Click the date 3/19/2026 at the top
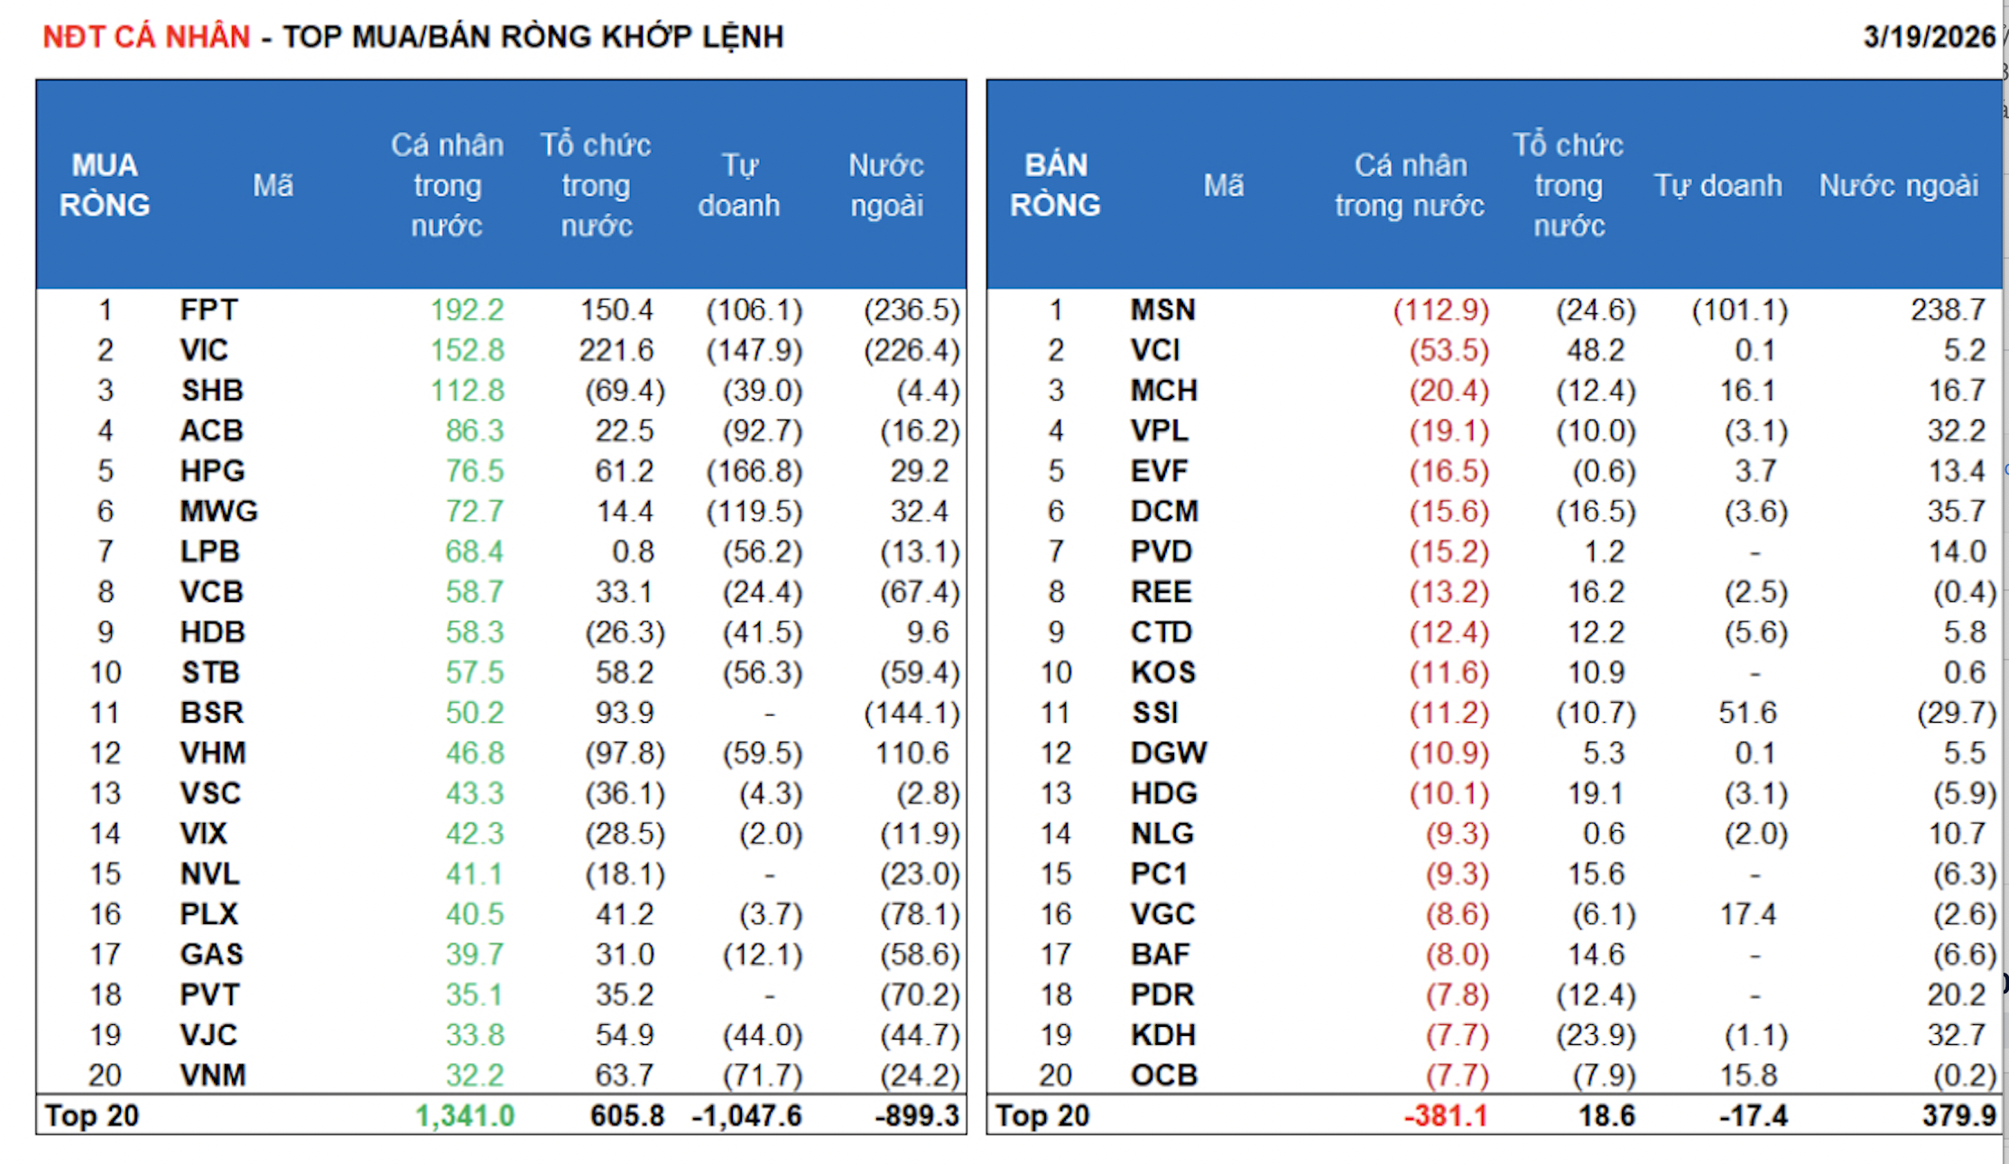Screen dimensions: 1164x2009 point(1929,37)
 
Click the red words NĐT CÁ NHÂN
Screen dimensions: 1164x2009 point(146,37)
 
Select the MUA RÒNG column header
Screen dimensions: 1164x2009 point(105,185)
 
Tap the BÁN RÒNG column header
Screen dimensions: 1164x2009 point(1055,185)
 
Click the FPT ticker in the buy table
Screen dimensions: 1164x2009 point(208,310)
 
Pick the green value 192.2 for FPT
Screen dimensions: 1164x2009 point(467,310)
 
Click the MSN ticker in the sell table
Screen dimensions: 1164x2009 point(1162,310)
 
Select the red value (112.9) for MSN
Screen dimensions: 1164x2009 point(1440,310)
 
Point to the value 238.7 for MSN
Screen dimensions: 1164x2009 point(1948,310)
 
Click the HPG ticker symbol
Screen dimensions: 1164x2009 point(212,471)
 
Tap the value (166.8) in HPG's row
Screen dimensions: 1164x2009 point(754,471)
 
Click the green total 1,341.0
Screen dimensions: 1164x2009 point(465,1116)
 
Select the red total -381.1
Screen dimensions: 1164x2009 point(1445,1116)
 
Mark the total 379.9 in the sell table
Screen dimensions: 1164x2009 point(1958,1116)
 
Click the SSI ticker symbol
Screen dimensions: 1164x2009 point(1155,713)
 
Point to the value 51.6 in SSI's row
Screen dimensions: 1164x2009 point(1747,713)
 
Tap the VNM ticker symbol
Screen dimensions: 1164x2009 point(212,1076)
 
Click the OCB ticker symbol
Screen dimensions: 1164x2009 point(1164,1076)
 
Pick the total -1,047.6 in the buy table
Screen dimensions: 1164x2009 point(746,1116)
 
